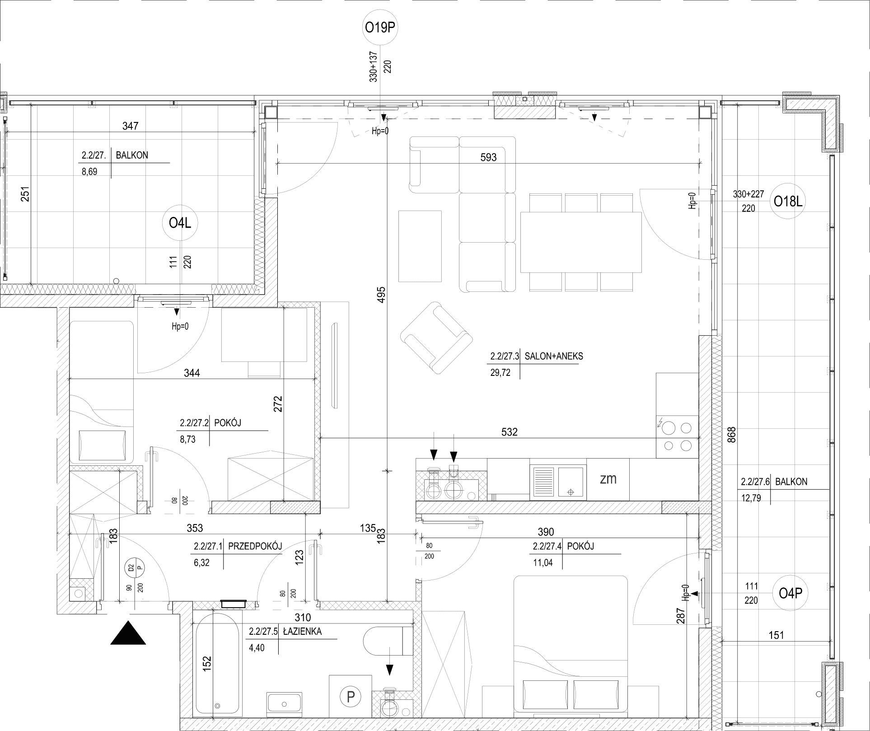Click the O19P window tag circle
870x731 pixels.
pos(380,28)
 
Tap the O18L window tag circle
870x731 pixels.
pos(788,201)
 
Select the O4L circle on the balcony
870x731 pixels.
pos(180,223)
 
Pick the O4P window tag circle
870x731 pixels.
pos(790,593)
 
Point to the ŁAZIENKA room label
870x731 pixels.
pos(302,632)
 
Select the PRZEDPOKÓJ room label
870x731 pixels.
pos(255,546)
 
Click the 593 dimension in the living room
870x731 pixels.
pos(489,157)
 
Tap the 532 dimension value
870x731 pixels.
pos(509,432)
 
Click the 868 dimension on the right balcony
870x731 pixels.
pos(732,435)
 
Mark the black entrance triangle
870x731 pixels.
pos(128,633)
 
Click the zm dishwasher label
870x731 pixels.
pos(608,479)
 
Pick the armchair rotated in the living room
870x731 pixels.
pos(436,338)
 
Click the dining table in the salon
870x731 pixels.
pos(581,242)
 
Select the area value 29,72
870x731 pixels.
pos(500,373)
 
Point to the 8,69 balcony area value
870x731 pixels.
pos(89,172)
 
